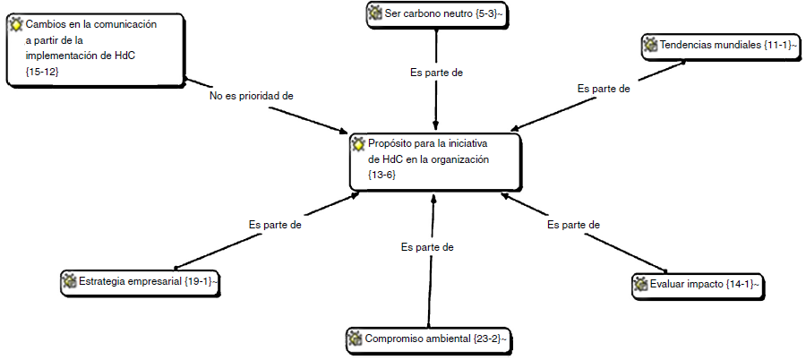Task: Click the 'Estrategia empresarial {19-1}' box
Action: point(143,281)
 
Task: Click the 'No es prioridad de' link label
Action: point(252,94)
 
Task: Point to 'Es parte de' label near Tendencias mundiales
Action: point(604,89)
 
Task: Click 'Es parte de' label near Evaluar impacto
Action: point(573,225)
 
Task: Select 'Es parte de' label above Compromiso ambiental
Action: point(427,246)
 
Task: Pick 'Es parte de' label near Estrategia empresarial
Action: point(275,225)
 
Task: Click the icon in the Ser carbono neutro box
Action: point(375,14)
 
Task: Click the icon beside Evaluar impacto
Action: point(640,284)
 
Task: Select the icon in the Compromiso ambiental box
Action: point(355,339)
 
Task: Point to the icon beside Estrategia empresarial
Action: point(69,281)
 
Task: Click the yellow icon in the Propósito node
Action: point(358,143)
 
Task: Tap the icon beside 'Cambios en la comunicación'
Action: point(16,24)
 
